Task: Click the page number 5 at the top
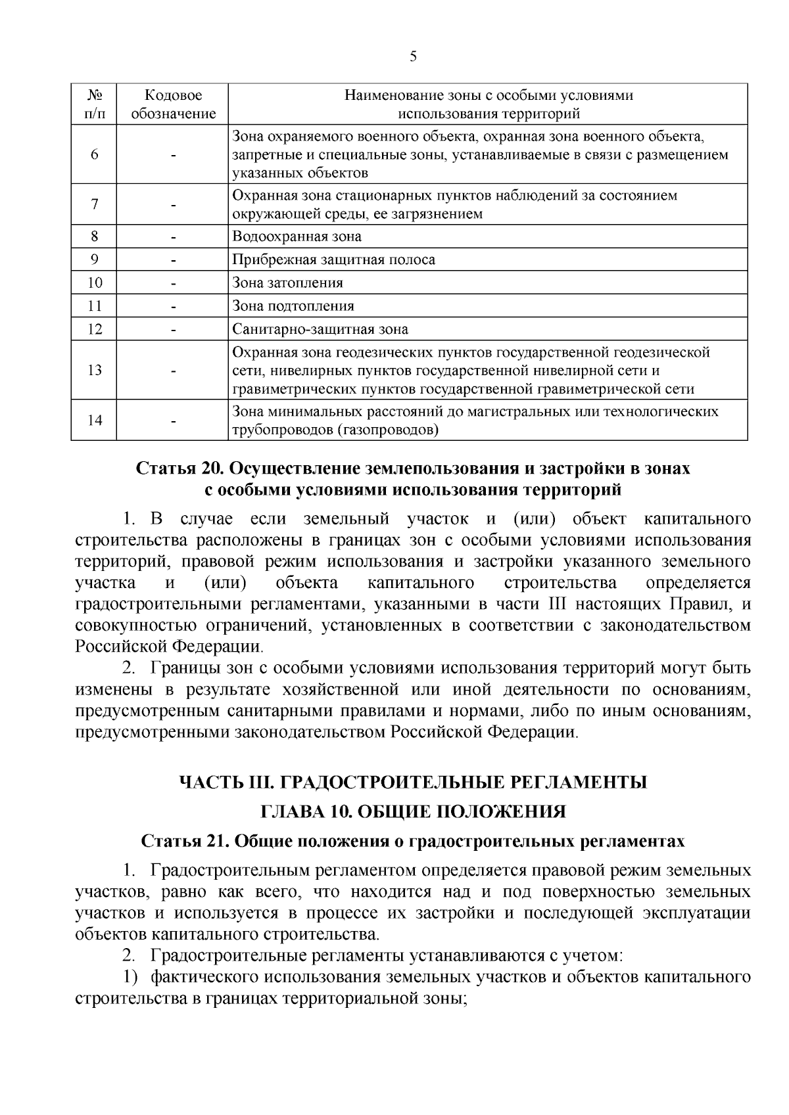413,57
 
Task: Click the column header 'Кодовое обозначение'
173,104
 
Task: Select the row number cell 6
95,155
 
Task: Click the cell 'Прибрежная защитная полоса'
334,260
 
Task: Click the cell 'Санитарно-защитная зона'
320,330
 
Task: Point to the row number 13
95,370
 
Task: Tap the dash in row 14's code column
173,421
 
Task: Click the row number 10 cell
95,283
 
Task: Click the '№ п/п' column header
95,104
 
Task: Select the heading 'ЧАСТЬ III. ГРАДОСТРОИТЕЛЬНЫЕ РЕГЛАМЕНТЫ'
413,783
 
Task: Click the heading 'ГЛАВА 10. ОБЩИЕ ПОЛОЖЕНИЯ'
413,812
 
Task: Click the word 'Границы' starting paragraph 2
182,669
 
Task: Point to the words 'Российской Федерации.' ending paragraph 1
169,647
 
